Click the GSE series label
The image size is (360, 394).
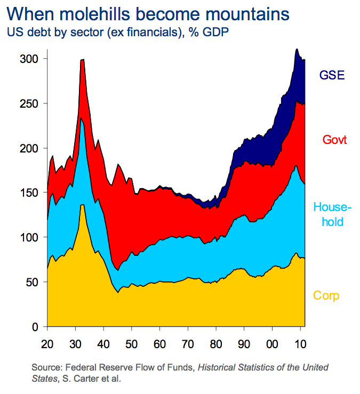pos(332,75)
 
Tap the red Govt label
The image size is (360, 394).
pos(334,140)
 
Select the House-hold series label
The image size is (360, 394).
pos(332,214)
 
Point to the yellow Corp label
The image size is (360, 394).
pos(326,295)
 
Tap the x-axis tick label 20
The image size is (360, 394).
pos(48,341)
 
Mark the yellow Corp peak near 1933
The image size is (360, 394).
pos(82,205)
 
